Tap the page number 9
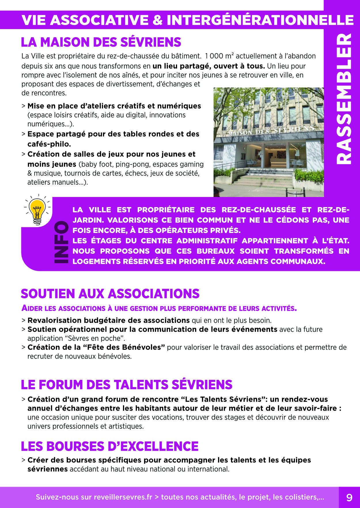point(349,497)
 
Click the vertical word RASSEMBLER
point(344,99)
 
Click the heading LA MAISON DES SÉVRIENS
point(101,42)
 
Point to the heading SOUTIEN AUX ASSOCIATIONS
point(110,294)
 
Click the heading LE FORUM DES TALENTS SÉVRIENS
point(126,385)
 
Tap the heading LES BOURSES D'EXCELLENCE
point(110,446)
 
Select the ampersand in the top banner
point(157,20)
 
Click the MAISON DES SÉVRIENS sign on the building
point(271,130)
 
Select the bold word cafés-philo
point(49,144)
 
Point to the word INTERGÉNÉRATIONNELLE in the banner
point(260,20)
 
